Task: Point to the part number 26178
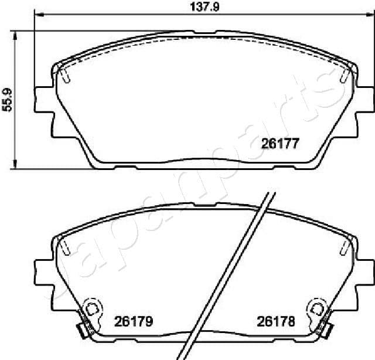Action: (275, 321)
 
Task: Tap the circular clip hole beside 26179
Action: (92, 307)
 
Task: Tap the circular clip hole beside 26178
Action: (317, 307)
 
